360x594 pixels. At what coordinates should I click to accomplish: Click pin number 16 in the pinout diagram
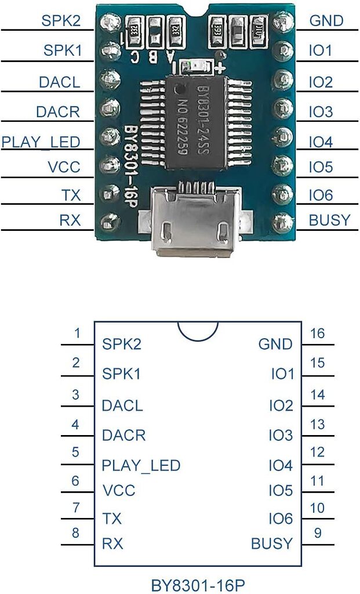coord(318,334)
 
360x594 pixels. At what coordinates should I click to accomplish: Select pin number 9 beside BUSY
coord(318,533)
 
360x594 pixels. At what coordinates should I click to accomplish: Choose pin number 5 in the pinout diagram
coord(76,452)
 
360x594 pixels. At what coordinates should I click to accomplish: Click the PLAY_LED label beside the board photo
coord(41,142)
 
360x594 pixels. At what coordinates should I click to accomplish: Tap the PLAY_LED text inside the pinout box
coord(141,465)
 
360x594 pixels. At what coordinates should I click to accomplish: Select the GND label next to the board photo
coord(326,21)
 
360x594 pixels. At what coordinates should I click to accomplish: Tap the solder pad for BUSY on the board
coord(282,220)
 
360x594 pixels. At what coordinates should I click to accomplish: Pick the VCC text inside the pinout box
coord(119,491)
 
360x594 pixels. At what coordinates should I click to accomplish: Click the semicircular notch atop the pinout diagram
coord(198,332)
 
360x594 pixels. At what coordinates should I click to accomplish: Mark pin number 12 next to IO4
coord(318,452)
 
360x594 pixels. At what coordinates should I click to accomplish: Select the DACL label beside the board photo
coord(59,82)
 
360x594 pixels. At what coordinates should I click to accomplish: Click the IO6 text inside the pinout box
coord(281,519)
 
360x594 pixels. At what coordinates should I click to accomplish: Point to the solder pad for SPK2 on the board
coord(108,22)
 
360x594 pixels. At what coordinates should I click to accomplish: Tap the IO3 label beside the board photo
coord(321,111)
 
